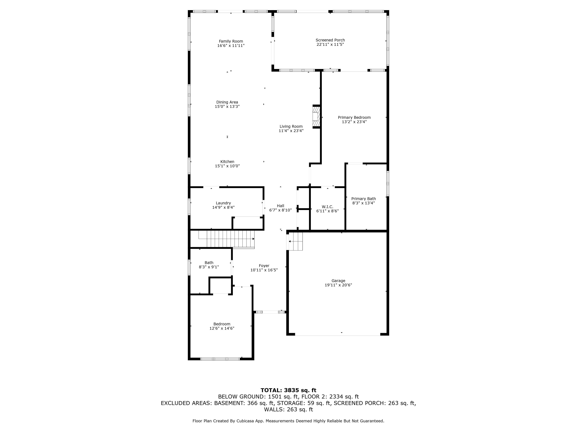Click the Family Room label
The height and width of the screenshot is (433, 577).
231,41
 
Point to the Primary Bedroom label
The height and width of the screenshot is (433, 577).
354,117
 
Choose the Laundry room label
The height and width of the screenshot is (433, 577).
223,203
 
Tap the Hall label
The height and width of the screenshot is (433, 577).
280,206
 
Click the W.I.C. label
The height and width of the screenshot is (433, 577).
327,207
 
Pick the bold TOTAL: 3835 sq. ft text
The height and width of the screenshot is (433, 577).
288,390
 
